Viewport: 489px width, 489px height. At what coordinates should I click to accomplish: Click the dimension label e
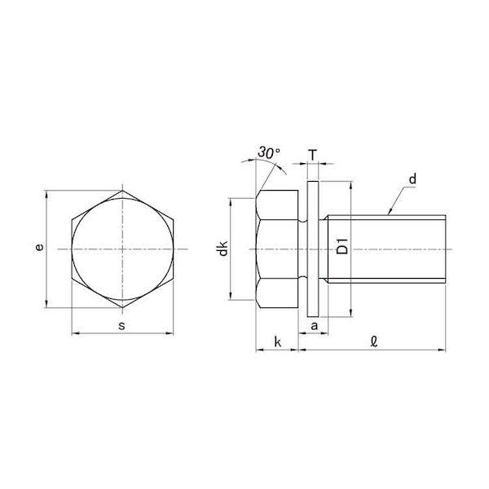(x=39, y=247)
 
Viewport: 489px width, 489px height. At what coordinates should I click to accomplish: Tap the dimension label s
(x=122, y=326)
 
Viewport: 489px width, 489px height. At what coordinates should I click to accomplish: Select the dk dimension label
(x=223, y=249)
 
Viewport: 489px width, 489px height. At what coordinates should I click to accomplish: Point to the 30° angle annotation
(x=269, y=152)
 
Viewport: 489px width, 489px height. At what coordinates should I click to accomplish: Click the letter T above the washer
(x=313, y=155)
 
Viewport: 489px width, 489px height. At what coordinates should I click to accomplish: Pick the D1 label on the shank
(x=343, y=246)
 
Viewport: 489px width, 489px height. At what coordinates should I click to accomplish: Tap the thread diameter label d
(x=412, y=179)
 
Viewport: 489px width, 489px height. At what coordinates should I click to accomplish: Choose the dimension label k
(x=277, y=341)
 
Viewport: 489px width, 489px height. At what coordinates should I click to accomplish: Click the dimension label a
(x=315, y=326)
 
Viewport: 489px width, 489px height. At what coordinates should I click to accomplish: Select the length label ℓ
(x=374, y=341)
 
